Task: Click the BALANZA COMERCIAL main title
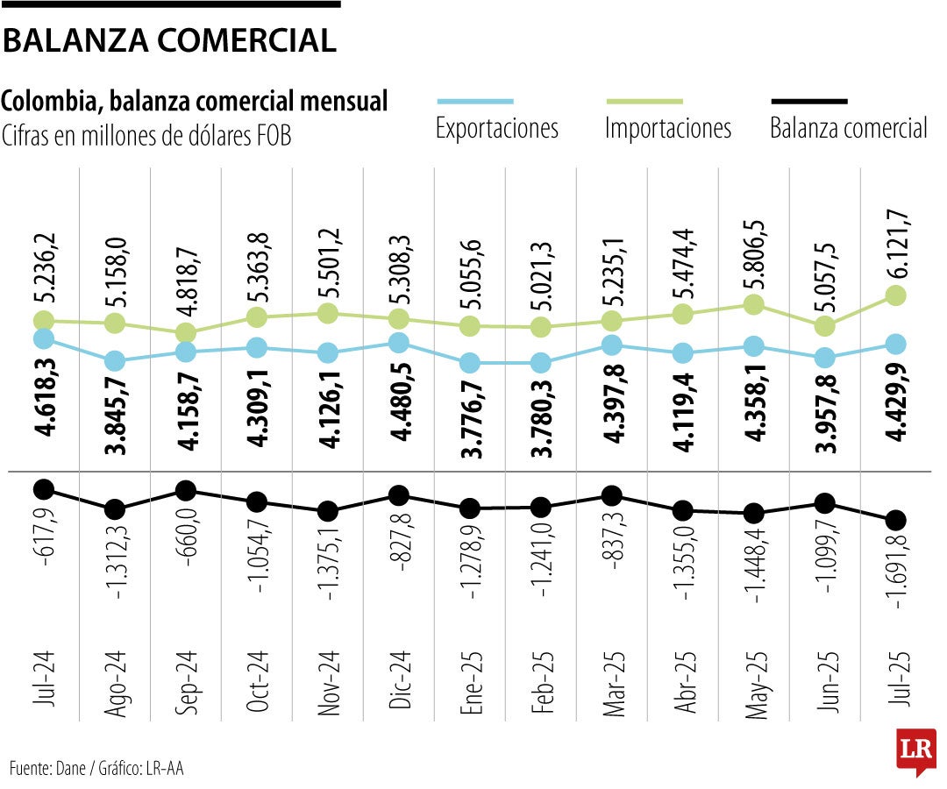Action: (x=169, y=40)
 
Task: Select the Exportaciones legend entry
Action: (x=496, y=128)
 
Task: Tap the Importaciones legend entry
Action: (x=667, y=128)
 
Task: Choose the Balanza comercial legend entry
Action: (x=848, y=128)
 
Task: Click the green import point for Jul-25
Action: (x=896, y=295)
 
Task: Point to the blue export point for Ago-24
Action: (x=114, y=360)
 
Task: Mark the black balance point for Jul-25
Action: (x=896, y=519)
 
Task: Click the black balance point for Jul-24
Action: (x=43, y=488)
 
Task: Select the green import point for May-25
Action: (x=753, y=304)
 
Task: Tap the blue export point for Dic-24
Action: (x=398, y=343)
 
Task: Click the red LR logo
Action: (x=915, y=750)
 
